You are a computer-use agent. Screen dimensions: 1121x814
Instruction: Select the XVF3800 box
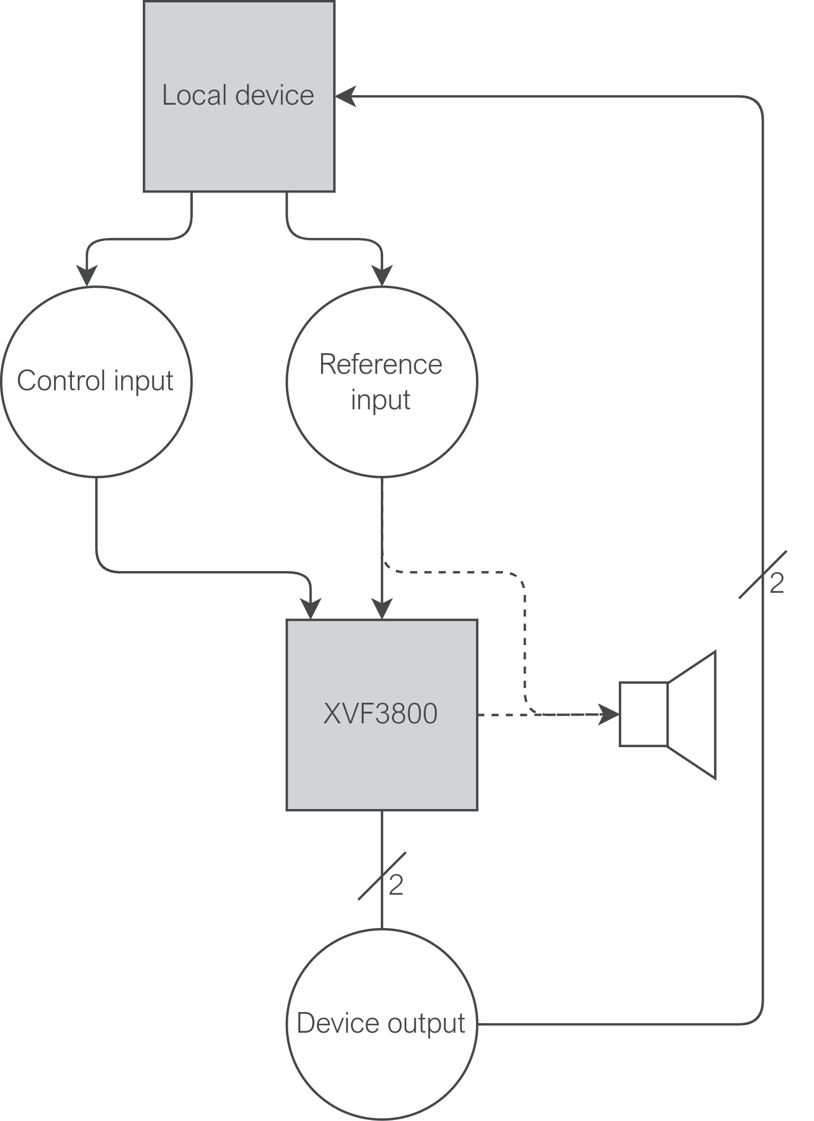click(382, 751)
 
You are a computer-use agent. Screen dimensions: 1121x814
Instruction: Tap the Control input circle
click(96, 423)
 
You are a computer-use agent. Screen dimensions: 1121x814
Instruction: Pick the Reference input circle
click(382, 434)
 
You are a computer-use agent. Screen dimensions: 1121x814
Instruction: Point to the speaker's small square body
click(644, 714)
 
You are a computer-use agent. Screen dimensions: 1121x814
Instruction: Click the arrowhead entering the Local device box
click(345, 96)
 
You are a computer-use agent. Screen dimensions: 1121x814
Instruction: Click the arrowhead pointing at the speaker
click(608, 714)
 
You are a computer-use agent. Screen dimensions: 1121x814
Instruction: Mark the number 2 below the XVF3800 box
click(396, 885)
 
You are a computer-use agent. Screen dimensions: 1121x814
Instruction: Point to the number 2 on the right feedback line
click(776, 583)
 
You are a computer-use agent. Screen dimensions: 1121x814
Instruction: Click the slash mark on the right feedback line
click(762, 574)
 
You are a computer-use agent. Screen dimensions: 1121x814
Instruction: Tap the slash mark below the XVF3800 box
click(382, 876)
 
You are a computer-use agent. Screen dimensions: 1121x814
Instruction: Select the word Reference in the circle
click(381, 364)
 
